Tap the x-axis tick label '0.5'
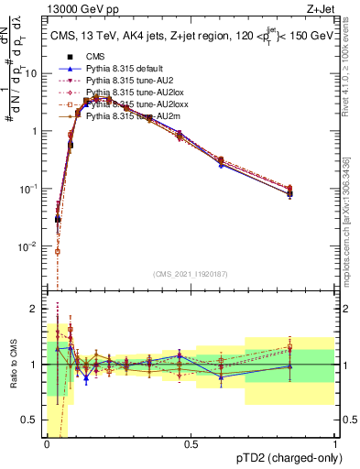191,442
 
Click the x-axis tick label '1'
334,442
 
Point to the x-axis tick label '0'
47,442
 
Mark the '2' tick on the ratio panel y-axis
35,308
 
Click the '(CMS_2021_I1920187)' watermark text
191,273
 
